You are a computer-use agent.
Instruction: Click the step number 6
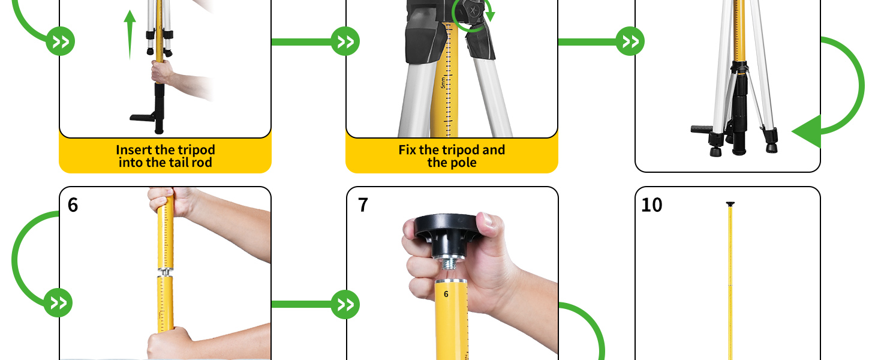pyautogui.click(x=73, y=205)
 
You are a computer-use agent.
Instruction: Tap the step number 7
pyautogui.click(x=363, y=205)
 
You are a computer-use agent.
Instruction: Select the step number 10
pyautogui.click(x=652, y=205)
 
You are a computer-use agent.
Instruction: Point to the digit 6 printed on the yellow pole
pyautogui.click(x=446, y=294)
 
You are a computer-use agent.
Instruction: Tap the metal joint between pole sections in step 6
pyautogui.click(x=165, y=272)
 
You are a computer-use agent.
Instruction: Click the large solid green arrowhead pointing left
pyautogui.click(x=807, y=131)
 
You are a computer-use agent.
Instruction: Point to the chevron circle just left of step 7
pyautogui.click(x=345, y=304)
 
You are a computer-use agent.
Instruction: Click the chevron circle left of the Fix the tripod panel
pyautogui.click(x=345, y=41)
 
